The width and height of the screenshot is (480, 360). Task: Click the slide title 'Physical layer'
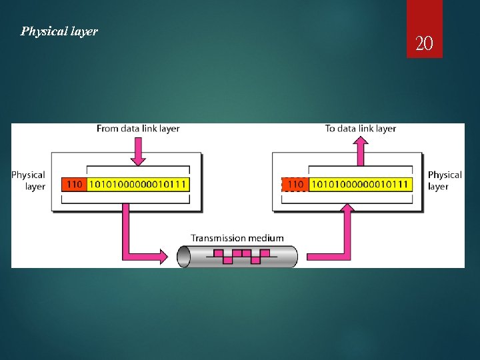click(59, 31)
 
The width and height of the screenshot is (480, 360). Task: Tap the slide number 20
click(424, 44)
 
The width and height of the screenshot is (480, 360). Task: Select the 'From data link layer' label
click(138, 128)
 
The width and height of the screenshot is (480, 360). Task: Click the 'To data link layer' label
click(361, 128)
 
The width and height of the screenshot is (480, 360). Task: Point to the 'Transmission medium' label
click(237, 238)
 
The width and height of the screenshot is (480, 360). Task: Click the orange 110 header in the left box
click(73, 184)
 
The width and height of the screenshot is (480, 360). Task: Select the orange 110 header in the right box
click(295, 184)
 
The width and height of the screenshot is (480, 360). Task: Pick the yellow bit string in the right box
click(361, 184)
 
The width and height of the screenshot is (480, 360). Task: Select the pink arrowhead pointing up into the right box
click(347, 210)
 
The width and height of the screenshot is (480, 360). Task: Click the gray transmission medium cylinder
click(237, 256)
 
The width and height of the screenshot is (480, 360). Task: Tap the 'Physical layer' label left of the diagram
click(29, 181)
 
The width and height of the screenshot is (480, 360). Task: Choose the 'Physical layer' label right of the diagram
click(444, 181)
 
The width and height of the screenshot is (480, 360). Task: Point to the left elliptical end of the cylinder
click(183, 256)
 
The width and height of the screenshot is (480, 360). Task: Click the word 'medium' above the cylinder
click(266, 238)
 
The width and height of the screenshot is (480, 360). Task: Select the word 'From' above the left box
click(107, 128)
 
